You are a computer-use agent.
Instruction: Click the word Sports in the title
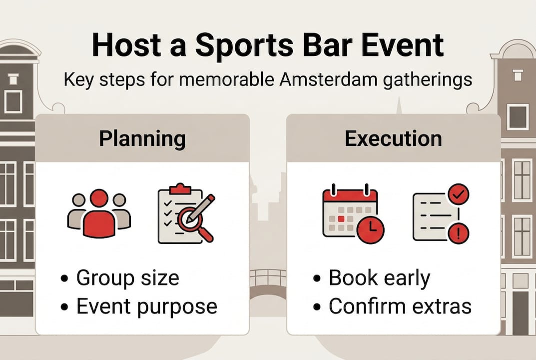click(244, 46)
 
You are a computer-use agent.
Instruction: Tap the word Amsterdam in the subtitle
click(328, 79)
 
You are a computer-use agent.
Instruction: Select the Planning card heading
click(142, 139)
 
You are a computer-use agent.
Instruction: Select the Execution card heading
click(393, 138)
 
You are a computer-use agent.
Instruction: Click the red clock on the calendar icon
click(371, 229)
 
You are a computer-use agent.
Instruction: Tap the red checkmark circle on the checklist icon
click(458, 194)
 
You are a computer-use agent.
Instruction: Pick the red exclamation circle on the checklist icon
click(458, 233)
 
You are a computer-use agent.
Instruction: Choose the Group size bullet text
click(127, 278)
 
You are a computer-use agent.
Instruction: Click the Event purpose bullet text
click(147, 306)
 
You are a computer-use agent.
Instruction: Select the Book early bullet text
click(380, 278)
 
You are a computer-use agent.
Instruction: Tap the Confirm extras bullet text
click(400, 306)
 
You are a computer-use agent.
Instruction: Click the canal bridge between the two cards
click(268, 284)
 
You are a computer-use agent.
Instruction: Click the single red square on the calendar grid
click(341, 219)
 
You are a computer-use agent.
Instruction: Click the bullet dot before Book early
click(317, 278)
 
